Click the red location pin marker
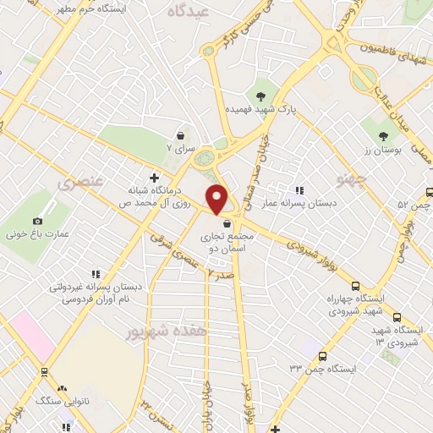pyautogui.click(x=217, y=200)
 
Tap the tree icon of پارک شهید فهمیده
pyautogui.click(x=260, y=96)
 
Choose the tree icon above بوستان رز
pyautogui.click(x=383, y=134)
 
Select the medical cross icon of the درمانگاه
pyautogui.click(x=154, y=178)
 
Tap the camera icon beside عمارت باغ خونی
pyautogui.click(x=37, y=222)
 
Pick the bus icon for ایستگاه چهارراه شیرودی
pyautogui.click(x=356, y=286)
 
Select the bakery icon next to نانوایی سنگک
pyautogui.click(x=63, y=386)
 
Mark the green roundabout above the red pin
pyautogui.click(x=204, y=158)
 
